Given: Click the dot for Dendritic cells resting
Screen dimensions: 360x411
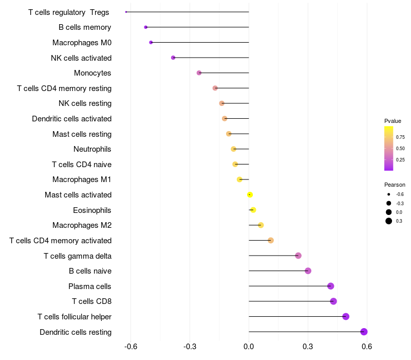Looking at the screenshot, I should tap(364, 332).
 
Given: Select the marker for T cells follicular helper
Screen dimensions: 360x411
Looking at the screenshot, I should tap(346, 316).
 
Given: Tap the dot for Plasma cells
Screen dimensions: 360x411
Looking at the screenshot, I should tap(330, 286).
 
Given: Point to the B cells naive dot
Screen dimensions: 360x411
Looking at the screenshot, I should tap(308, 271).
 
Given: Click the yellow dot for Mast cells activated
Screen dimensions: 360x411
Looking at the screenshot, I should tap(250, 194).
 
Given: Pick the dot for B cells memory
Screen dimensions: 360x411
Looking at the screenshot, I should tap(145, 27).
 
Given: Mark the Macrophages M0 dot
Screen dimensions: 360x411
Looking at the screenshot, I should tap(151, 42).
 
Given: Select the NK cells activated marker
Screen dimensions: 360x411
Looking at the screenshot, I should tap(173, 58).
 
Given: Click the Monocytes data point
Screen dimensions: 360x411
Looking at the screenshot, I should tap(199, 73).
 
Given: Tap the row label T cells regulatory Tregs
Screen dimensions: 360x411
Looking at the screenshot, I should tap(68, 12).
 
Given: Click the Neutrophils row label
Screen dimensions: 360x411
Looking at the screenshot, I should tap(92, 149).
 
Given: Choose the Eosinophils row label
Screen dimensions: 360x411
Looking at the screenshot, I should tap(92, 210).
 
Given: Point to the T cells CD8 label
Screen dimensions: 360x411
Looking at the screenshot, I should tap(91, 301).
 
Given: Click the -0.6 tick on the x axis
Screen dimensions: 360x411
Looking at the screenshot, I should tap(131, 347).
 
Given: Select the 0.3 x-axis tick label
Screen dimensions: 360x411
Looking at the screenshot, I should tap(308, 347).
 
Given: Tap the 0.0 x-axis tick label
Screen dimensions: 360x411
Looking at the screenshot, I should tap(249, 347).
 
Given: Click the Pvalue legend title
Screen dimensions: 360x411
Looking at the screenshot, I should tap(393, 121).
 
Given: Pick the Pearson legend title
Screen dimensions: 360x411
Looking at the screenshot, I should tap(395, 185).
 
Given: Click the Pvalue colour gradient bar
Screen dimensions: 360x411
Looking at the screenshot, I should tap(389, 148).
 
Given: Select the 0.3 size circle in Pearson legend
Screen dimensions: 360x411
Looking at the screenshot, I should tap(389, 221).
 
